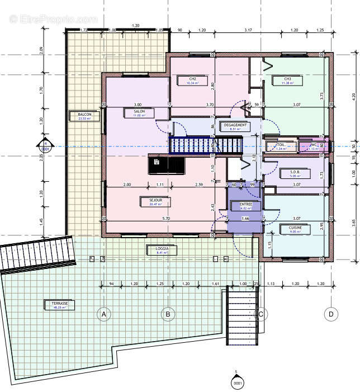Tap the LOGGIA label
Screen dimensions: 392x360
pos(162,249)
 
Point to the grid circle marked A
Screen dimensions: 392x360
pos(103,314)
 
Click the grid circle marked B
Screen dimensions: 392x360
pos(167,314)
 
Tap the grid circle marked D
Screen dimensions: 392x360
pos(331,314)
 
